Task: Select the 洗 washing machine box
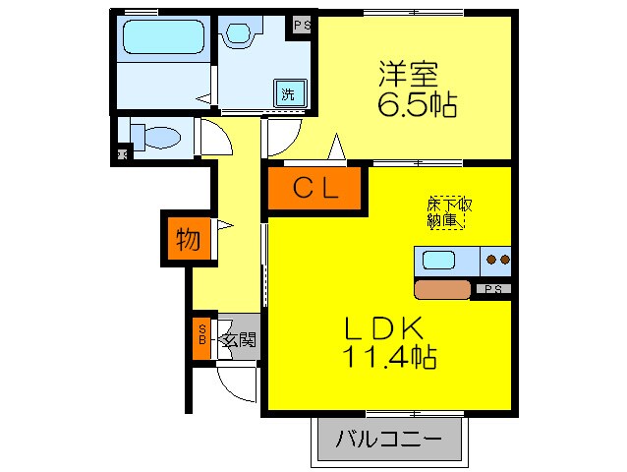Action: [289, 94]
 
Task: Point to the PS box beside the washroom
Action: [301, 26]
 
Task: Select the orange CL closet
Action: [315, 190]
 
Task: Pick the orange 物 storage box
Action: [187, 239]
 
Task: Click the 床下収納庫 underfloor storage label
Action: [449, 212]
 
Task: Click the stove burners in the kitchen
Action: [497, 261]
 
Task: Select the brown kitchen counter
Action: [443, 289]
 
